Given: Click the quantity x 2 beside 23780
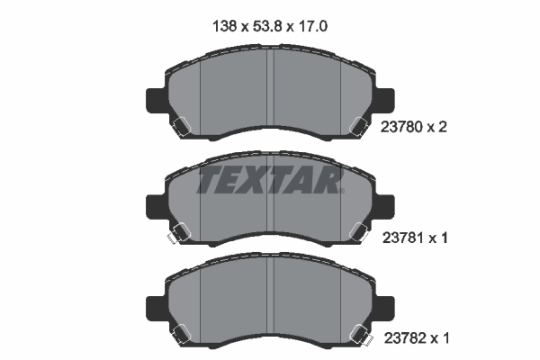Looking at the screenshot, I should (x=438, y=127).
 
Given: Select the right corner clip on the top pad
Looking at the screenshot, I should (x=357, y=128).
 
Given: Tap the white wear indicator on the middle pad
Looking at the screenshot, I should (x=168, y=240).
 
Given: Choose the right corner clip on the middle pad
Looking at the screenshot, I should (x=357, y=234).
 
